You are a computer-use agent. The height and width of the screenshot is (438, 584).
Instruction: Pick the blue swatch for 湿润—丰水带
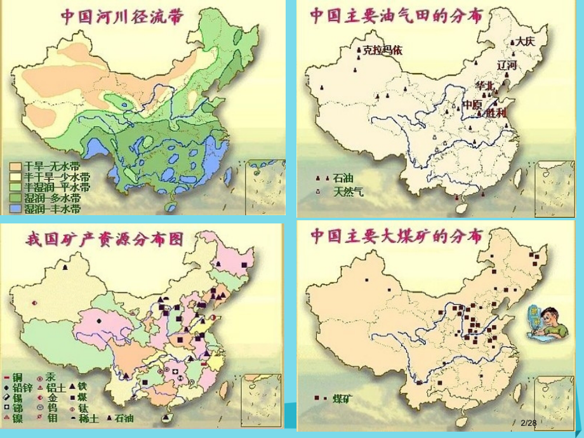15,208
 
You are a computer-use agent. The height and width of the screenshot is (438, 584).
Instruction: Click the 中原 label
472,104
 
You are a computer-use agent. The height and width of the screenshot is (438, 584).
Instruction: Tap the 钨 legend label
52,408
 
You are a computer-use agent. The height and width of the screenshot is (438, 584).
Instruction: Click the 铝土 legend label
55,387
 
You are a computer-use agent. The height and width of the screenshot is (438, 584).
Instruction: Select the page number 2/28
528,422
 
